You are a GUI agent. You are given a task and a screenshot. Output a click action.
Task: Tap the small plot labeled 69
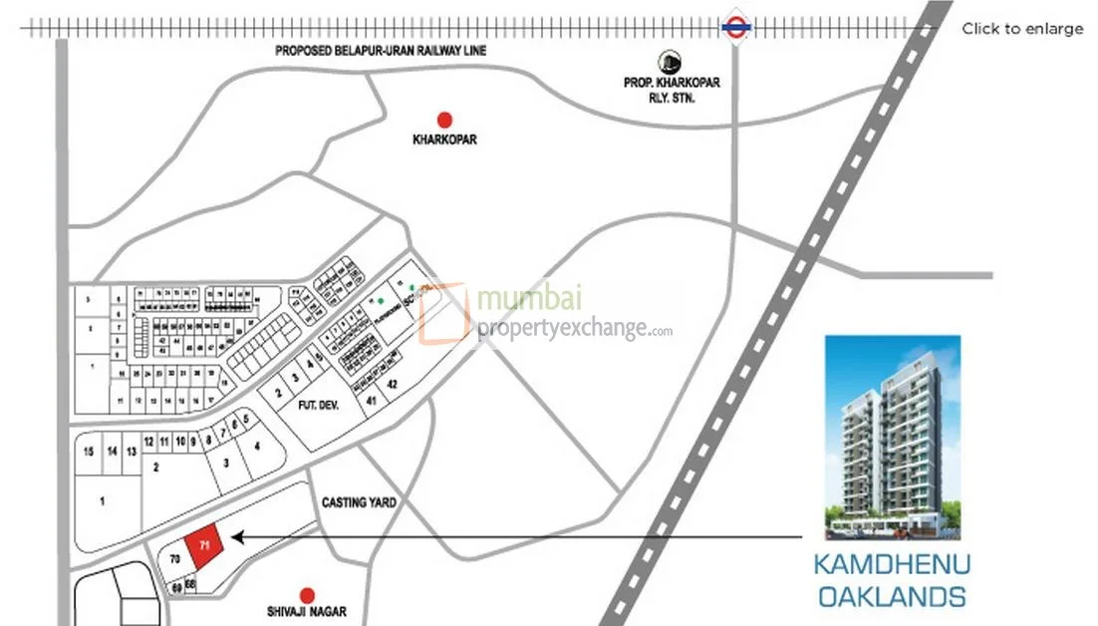(176, 587)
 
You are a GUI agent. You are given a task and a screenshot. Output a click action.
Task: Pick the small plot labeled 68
(189, 584)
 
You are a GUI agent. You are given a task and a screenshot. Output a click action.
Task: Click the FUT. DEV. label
(294, 407)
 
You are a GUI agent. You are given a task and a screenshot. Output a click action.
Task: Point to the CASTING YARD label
(359, 502)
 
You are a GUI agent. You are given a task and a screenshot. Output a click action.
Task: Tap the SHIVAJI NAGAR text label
(307, 611)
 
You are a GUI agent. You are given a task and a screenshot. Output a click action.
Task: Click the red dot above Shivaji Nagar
(307, 595)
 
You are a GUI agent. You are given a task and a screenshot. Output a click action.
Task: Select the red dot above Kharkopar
(444, 119)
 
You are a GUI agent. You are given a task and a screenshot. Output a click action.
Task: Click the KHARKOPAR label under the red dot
(444, 141)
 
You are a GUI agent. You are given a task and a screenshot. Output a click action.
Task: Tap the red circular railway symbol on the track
(735, 29)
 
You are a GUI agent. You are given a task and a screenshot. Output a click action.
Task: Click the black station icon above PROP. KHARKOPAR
(666, 63)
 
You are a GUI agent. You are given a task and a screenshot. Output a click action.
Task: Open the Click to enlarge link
(1021, 29)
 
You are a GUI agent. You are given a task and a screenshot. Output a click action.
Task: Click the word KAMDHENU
(892, 564)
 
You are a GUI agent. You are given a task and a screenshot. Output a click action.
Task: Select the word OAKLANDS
(892, 597)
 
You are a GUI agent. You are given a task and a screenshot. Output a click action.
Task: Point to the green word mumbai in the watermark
(530, 299)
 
